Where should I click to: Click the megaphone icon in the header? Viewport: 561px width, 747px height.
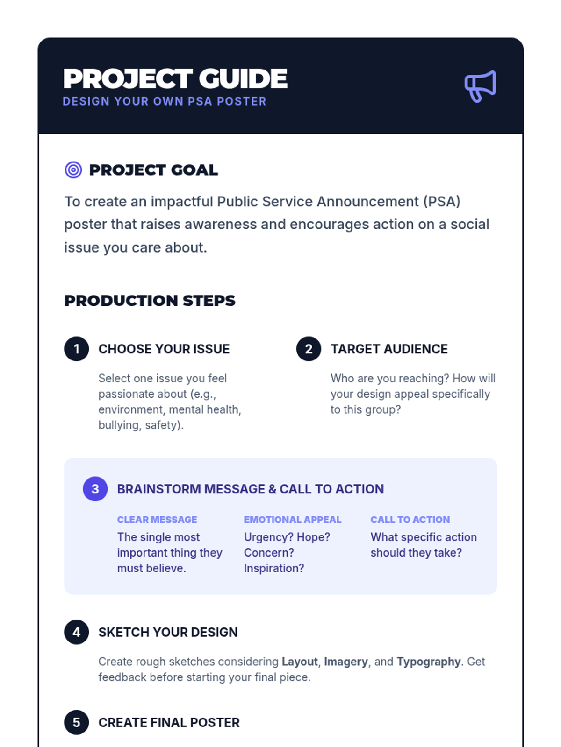click(480, 86)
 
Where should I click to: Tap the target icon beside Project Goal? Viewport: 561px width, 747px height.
click(73, 170)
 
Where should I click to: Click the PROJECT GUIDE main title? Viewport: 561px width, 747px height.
click(175, 78)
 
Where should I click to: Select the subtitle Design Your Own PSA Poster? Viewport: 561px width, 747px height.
click(165, 101)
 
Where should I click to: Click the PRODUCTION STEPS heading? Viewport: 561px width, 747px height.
click(150, 301)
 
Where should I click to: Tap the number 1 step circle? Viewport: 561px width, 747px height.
click(77, 349)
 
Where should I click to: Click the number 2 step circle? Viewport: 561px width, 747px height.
click(309, 349)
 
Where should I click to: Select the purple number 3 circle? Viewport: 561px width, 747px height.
click(95, 489)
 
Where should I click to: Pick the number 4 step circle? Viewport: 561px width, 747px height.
click(77, 632)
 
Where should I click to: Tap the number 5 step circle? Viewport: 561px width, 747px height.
click(77, 722)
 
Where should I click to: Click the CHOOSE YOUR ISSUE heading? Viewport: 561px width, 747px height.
click(164, 349)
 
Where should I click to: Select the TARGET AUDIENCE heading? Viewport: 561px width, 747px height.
click(389, 349)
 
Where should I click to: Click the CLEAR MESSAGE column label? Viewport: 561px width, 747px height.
click(157, 520)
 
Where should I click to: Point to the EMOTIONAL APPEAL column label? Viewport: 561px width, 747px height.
click(293, 520)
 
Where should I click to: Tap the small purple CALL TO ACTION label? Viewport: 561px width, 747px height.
click(410, 520)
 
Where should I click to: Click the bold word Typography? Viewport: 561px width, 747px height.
click(429, 662)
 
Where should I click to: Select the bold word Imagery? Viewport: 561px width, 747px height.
click(346, 662)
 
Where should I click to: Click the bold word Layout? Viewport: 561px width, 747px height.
click(300, 662)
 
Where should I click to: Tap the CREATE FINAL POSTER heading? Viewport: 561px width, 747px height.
click(169, 723)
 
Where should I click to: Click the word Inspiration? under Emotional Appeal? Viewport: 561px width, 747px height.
click(274, 568)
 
